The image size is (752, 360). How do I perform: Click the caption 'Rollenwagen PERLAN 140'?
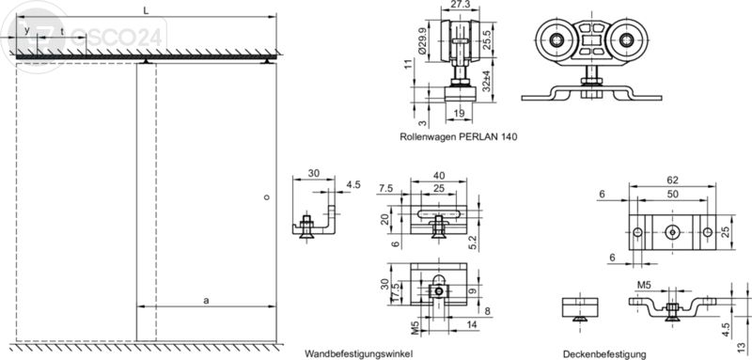458,136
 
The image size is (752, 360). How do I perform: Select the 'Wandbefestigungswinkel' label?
358,354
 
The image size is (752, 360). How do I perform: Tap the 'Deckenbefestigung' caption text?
604,354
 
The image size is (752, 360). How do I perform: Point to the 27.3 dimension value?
460,6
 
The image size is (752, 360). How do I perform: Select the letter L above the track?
146,8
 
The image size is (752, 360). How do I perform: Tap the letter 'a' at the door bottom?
206,300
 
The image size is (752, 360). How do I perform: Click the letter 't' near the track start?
62,31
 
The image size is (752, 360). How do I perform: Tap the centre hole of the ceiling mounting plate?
671,231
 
